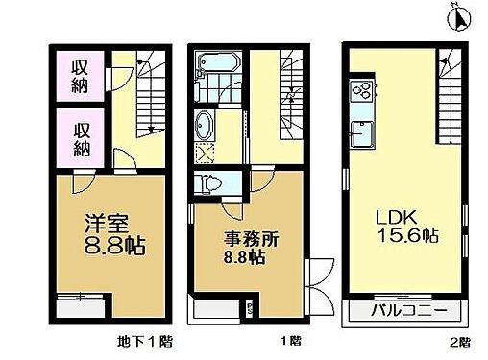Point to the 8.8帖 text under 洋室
[x=110, y=247]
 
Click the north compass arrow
[x=457, y=16]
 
